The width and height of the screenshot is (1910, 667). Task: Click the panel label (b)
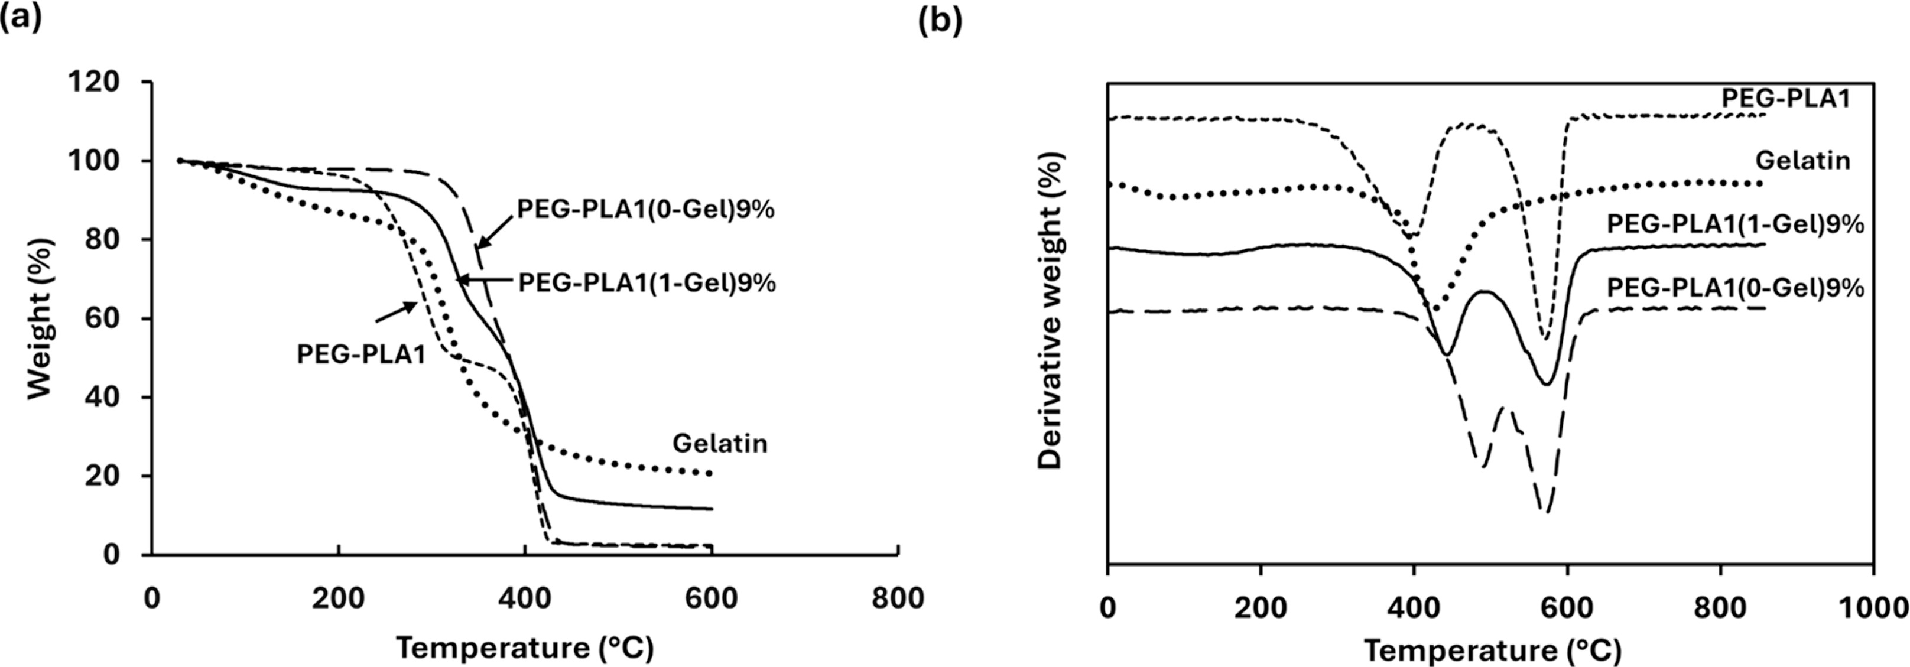click(x=940, y=21)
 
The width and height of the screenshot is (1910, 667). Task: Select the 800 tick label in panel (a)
click(x=898, y=598)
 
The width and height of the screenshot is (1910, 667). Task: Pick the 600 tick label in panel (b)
click(x=1566, y=608)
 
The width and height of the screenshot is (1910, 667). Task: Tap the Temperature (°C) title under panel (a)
click(x=524, y=648)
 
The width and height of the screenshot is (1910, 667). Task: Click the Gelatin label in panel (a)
click(x=719, y=443)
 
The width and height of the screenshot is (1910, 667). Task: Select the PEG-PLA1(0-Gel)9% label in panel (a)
click(x=645, y=210)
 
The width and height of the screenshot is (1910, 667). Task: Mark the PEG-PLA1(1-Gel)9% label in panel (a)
click(x=647, y=282)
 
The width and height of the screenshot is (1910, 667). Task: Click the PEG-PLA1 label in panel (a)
click(x=361, y=353)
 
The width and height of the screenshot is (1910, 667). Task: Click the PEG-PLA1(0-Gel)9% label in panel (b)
click(x=1735, y=288)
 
